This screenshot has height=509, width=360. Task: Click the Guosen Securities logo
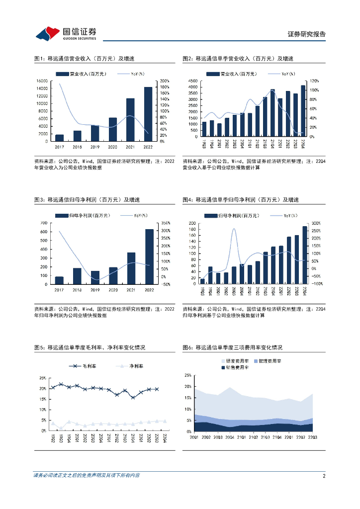tap(66, 33)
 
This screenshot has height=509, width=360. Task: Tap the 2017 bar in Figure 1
tap(59, 138)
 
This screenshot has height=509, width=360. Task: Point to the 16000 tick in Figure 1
tap(42, 81)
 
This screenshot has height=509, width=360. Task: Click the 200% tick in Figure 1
tap(165, 81)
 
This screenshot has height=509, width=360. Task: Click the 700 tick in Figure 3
tap(44, 223)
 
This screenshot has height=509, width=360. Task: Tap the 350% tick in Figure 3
tap(166, 223)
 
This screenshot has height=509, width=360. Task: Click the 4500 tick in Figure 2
tap(192, 81)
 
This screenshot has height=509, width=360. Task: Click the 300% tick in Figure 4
tap(315, 224)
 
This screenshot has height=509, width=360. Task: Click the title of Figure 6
tap(232, 347)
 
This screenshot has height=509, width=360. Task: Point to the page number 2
tap(324, 476)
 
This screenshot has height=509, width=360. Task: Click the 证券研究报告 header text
tap(307, 34)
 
